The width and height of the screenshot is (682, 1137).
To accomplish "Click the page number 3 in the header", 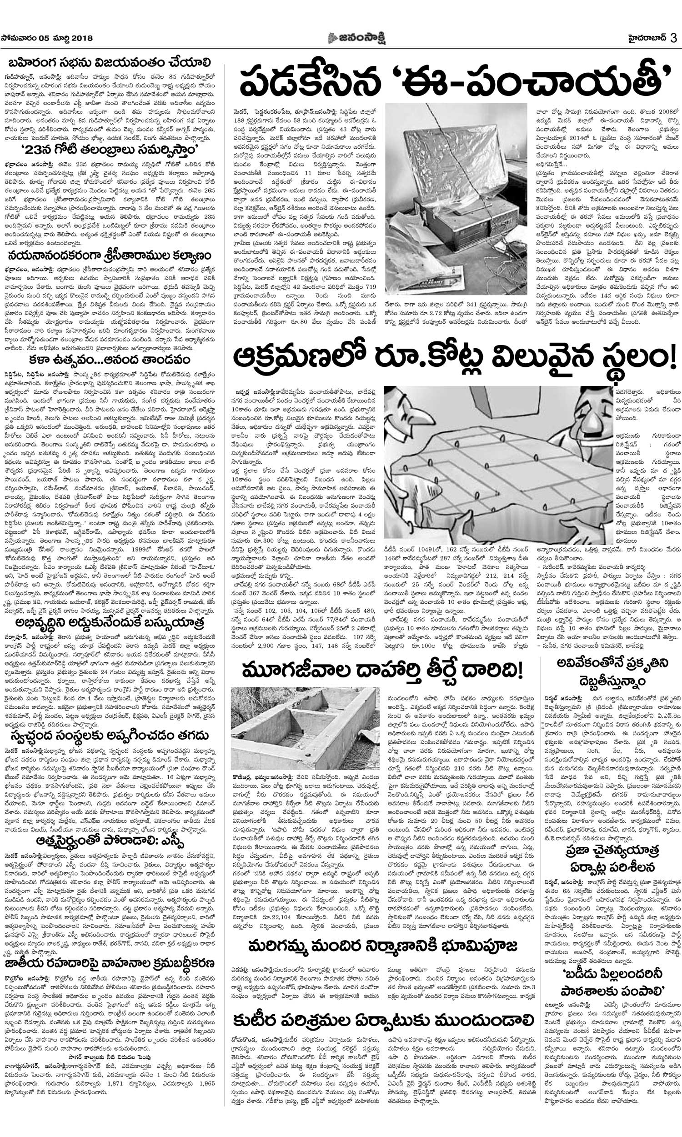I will (x=673, y=38).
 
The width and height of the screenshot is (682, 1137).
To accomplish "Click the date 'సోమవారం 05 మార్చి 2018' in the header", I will (x=47, y=38).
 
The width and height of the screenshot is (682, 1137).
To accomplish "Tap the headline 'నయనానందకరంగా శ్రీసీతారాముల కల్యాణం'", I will (x=110, y=255).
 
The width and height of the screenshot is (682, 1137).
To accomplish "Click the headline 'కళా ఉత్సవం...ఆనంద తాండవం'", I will (x=110, y=359).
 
